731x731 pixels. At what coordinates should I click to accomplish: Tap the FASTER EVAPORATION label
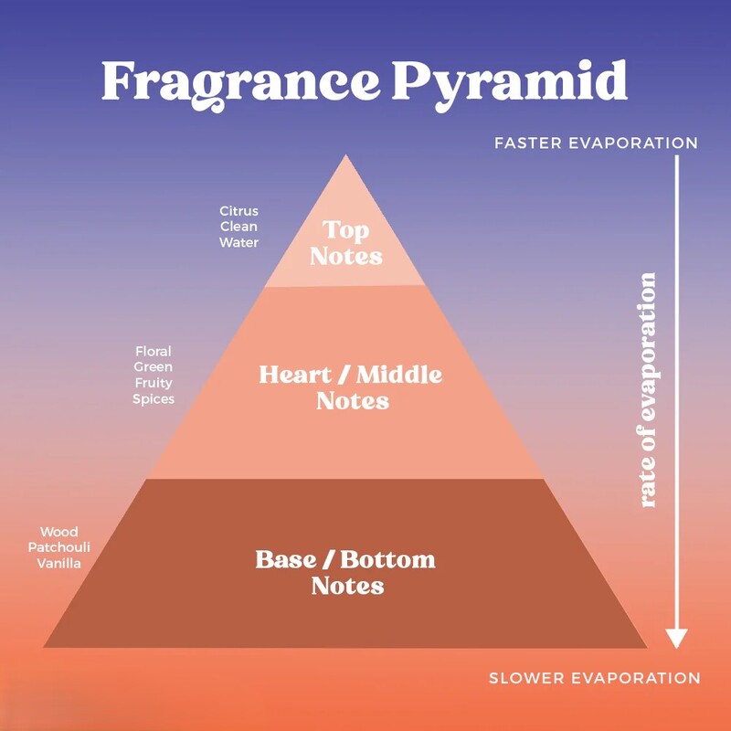click(x=597, y=143)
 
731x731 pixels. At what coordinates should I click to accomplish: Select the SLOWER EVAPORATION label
click(x=595, y=677)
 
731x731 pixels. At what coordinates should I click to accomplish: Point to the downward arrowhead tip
click(x=676, y=649)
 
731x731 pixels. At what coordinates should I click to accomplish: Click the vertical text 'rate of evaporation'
click(x=648, y=390)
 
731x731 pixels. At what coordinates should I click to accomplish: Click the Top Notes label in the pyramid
click(x=346, y=243)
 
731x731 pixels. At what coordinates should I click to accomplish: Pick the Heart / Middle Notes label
click(x=351, y=387)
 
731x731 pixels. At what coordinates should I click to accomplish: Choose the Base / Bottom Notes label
click(x=345, y=573)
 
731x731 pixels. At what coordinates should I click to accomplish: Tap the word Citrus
click(x=238, y=211)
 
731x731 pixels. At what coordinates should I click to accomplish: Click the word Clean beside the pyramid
click(x=238, y=227)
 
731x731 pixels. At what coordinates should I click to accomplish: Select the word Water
click(x=238, y=242)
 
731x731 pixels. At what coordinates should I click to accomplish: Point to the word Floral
click(x=154, y=351)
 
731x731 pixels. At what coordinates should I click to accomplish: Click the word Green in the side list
click(x=154, y=367)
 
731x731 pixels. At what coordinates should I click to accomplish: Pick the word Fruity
click(x=154, y=383)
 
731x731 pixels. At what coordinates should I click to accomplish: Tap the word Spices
click(x=154, y=399)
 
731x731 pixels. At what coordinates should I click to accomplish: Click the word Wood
click(x=59, y=532)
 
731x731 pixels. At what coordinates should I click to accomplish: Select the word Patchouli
click(x=59, y=547)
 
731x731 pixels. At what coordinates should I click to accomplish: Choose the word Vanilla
click(x=59, y=563)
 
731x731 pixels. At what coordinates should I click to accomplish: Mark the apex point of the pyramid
click(x=345, y=154)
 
